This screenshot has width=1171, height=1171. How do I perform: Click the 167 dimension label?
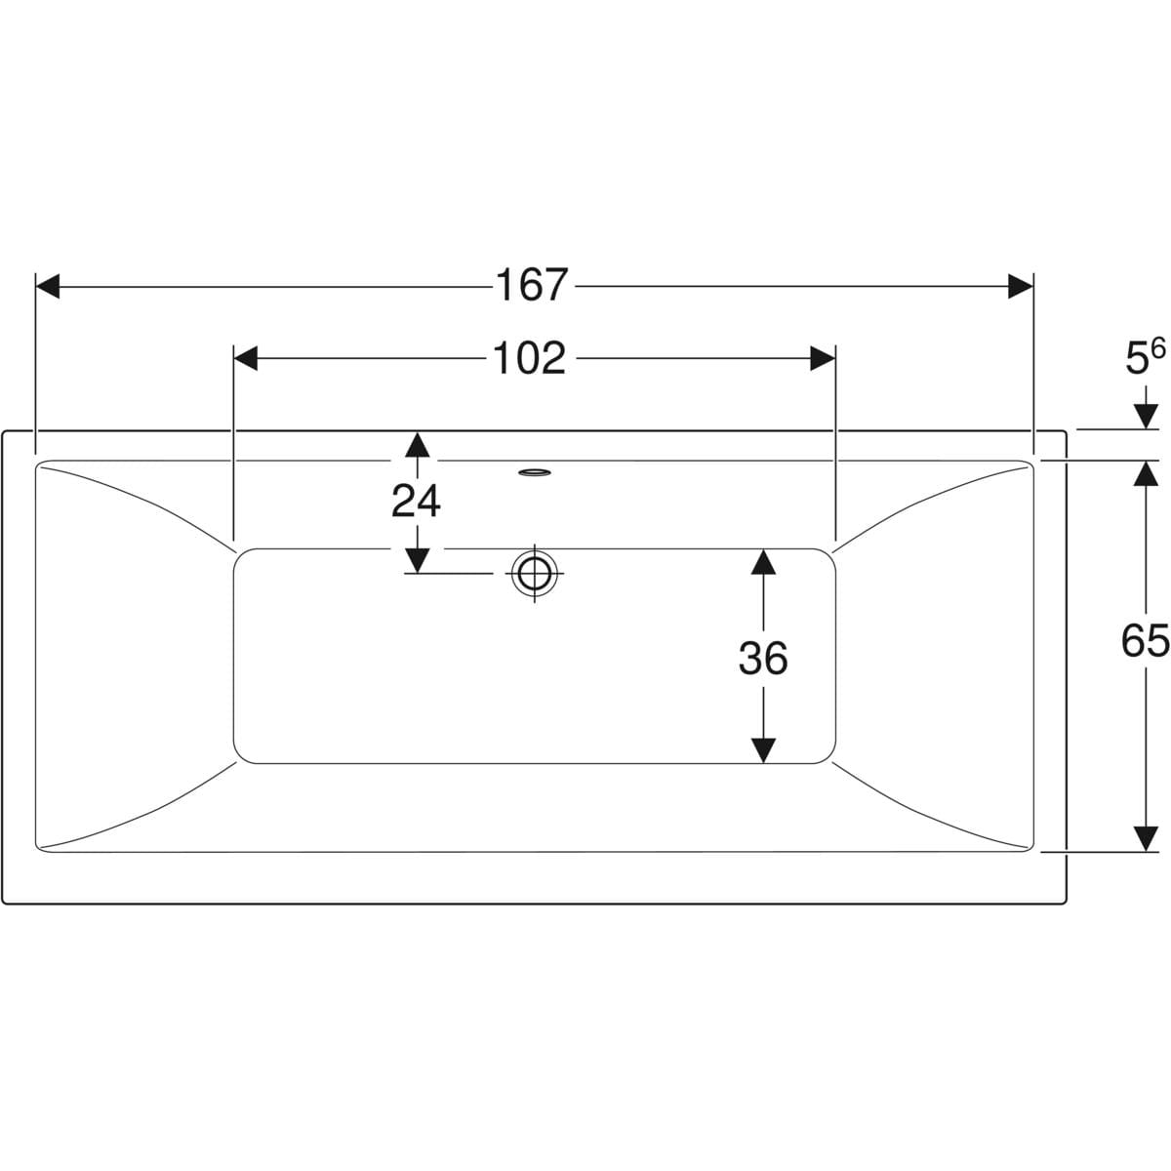533,285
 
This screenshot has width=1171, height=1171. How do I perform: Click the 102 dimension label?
529,358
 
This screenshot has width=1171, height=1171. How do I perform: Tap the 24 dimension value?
417,501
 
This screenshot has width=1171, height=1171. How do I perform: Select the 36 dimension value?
763,658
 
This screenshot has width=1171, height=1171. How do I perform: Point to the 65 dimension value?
1145,640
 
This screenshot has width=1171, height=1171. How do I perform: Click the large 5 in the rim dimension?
1137,359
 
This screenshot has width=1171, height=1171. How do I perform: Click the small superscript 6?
1158,349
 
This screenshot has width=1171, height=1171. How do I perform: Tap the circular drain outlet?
534,573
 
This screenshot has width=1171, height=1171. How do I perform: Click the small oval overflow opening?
535,472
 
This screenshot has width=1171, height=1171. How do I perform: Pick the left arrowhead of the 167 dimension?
48,286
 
